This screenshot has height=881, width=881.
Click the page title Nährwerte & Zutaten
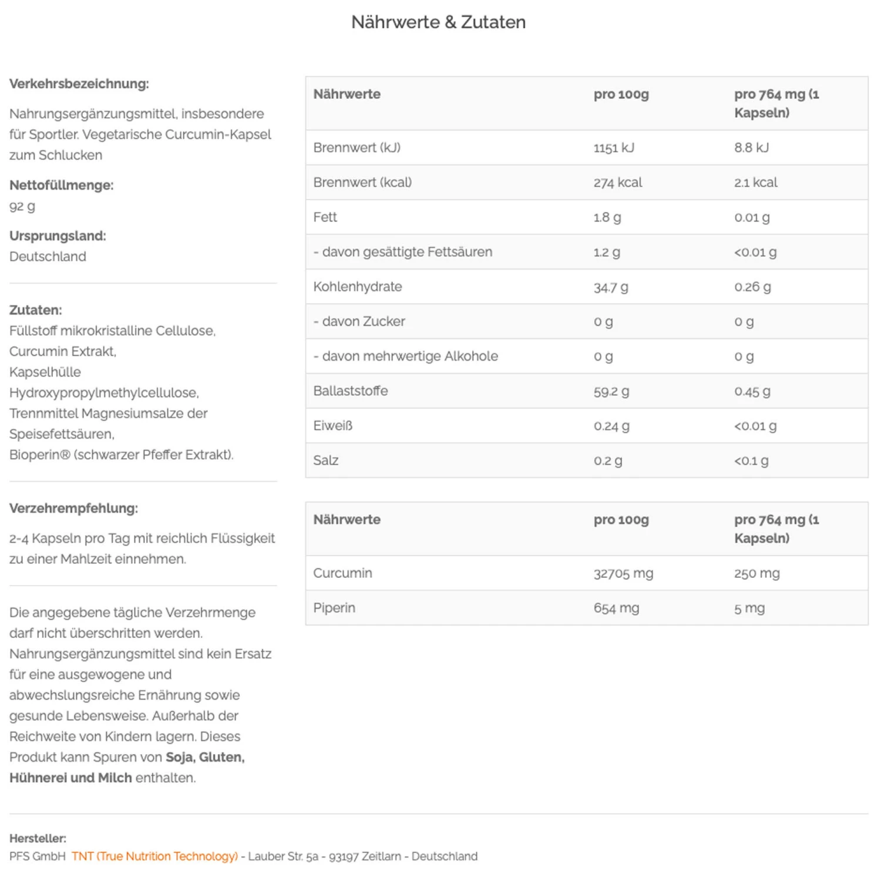(438, 22)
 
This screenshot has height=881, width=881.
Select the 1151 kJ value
(614, 148)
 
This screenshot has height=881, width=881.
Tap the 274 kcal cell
(618, 183)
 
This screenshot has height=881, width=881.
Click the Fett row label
(325, 217)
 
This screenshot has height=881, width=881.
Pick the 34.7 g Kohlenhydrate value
(611, 287)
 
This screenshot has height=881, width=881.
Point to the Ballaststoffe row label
(350, 391)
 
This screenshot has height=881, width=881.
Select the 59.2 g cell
(611, 391)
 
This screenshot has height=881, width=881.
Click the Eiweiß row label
(332, 426)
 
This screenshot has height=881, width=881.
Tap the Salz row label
(325, 460)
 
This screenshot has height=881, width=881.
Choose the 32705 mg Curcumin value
(623, 573)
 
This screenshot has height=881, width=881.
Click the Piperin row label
(334, 608)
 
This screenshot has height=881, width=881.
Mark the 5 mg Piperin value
(749, 608)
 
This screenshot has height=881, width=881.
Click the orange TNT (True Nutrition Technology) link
(154, 856)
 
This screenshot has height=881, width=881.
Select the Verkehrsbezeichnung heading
(79, 84)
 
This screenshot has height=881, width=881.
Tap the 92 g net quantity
(22, 206)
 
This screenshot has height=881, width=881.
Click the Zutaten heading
(35, 310)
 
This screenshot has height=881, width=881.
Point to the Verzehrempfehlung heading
(73, 509)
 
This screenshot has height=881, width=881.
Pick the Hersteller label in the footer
(38, 838)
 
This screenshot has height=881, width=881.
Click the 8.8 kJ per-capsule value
(751, 148)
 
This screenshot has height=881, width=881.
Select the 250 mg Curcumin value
(756, 573)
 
